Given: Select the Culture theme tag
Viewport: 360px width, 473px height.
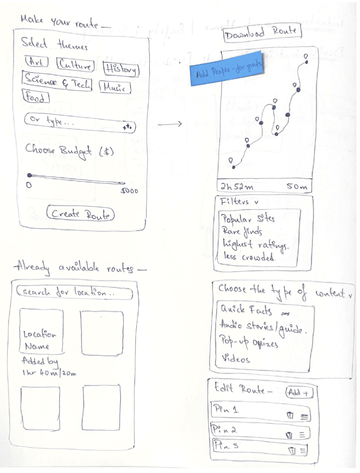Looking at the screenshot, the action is tap(75, 65).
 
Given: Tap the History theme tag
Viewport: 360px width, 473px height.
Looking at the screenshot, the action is tap(121, 69).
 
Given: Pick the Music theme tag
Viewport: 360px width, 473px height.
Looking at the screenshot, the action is tap(114, 87).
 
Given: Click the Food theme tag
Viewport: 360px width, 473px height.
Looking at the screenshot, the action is tap(35, 97).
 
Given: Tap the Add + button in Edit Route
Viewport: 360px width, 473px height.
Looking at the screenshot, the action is tap(300, 392).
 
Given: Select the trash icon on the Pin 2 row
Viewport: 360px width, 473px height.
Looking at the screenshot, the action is tap(289, 434).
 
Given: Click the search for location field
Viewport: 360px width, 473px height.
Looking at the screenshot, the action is tap(74, 293).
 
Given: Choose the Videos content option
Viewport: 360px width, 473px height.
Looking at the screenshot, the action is tap(236, 359).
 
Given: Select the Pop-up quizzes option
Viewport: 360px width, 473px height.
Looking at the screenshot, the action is tap(249, 344).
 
